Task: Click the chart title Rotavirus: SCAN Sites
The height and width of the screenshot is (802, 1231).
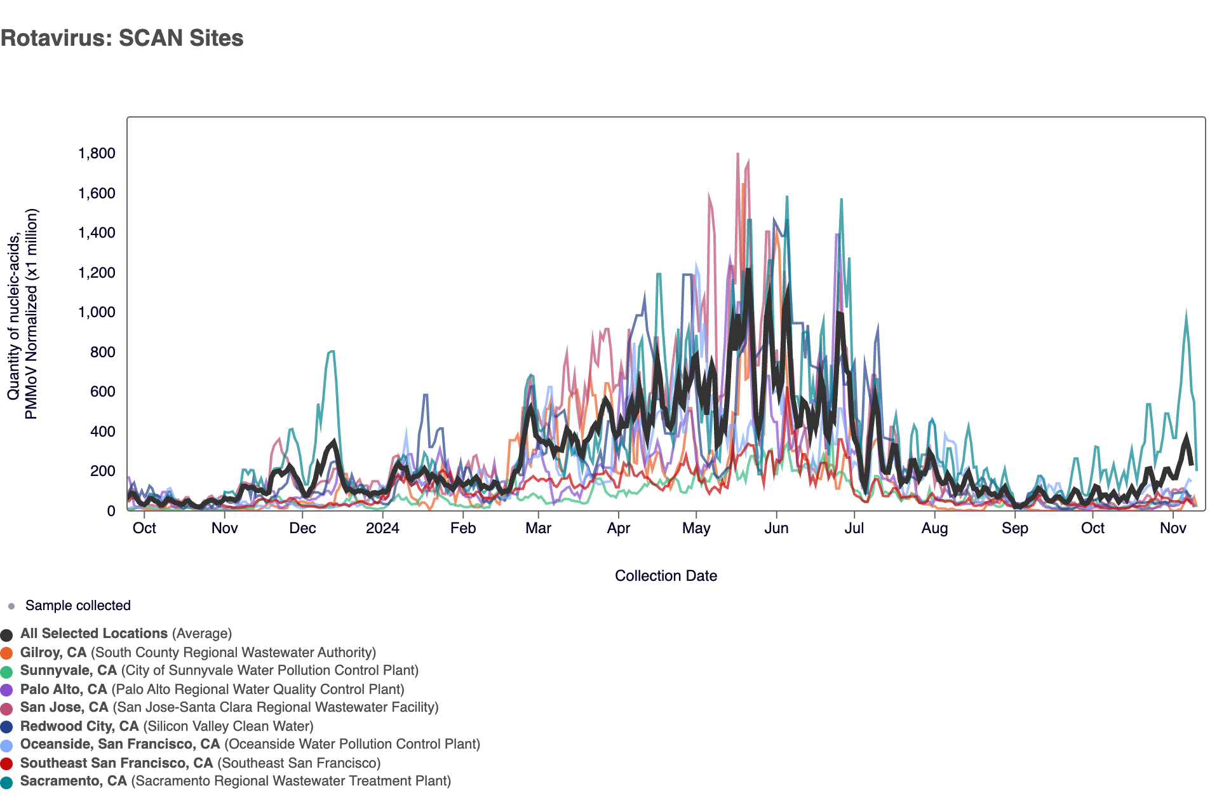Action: point(122,38)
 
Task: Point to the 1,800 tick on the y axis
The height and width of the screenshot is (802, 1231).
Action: point(97,153)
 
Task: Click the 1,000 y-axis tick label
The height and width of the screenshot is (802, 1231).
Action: point(97,312)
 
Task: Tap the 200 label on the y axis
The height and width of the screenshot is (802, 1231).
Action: point(102,471)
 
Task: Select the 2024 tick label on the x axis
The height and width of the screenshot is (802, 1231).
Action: point(382,528)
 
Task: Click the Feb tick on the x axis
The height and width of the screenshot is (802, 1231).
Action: point(463,528)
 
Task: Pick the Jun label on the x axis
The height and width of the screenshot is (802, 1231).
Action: point(776,528)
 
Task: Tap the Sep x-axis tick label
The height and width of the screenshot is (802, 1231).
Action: point(1014,528)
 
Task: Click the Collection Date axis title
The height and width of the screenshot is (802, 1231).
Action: point(666,576)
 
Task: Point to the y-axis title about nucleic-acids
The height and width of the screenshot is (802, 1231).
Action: point(23,314)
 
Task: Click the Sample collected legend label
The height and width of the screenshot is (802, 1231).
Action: point(77,606)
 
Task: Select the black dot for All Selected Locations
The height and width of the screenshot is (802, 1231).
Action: point(7,634)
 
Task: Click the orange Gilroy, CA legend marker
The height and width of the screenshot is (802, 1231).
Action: point(7,653)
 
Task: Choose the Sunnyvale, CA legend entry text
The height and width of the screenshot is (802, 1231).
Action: point(219,670)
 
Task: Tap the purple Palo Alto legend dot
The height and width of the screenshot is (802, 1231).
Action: point(7,690)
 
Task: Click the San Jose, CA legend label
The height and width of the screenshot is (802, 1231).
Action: point(229,707)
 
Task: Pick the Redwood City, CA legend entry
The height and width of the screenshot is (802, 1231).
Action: point(166,726)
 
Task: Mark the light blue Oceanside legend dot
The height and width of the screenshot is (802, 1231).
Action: point(7,745)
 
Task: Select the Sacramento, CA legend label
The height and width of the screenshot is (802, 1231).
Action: point(235,781)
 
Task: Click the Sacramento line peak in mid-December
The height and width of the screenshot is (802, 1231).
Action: point(331,351)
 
